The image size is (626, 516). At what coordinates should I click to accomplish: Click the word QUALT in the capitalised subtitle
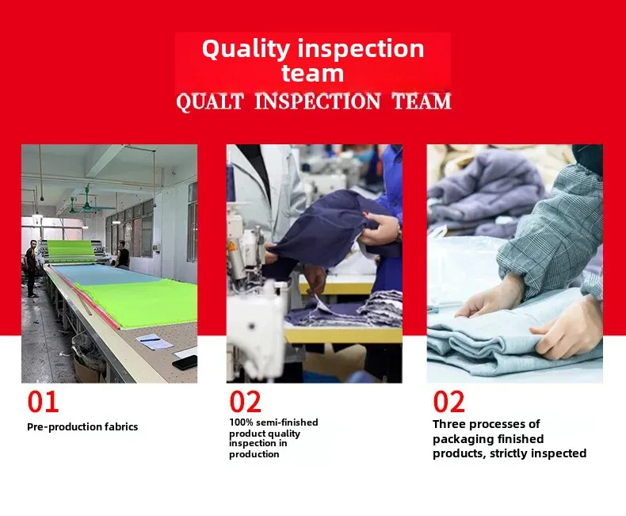point(210,101)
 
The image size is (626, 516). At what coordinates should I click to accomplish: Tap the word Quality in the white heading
point(246,49)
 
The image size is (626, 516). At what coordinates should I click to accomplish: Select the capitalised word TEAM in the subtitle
point(422,101)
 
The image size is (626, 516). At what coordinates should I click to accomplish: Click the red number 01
point(43,402)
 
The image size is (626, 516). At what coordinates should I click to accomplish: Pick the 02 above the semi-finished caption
point(246,402)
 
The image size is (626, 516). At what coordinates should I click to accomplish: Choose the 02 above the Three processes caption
point(449,402)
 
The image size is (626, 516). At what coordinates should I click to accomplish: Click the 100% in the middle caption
point(241,422)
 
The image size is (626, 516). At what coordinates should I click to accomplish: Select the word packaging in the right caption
point(457,439)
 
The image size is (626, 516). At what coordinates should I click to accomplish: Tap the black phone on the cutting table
point(185,362)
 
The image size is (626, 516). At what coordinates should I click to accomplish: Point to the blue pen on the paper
point(150,340)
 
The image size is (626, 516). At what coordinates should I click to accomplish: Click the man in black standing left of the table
point(31,269)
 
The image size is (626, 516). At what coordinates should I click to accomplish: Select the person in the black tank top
point(123,254)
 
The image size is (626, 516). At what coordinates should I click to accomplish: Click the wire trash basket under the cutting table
point(87,354)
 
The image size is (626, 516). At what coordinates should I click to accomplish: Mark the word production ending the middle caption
point(254,454)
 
